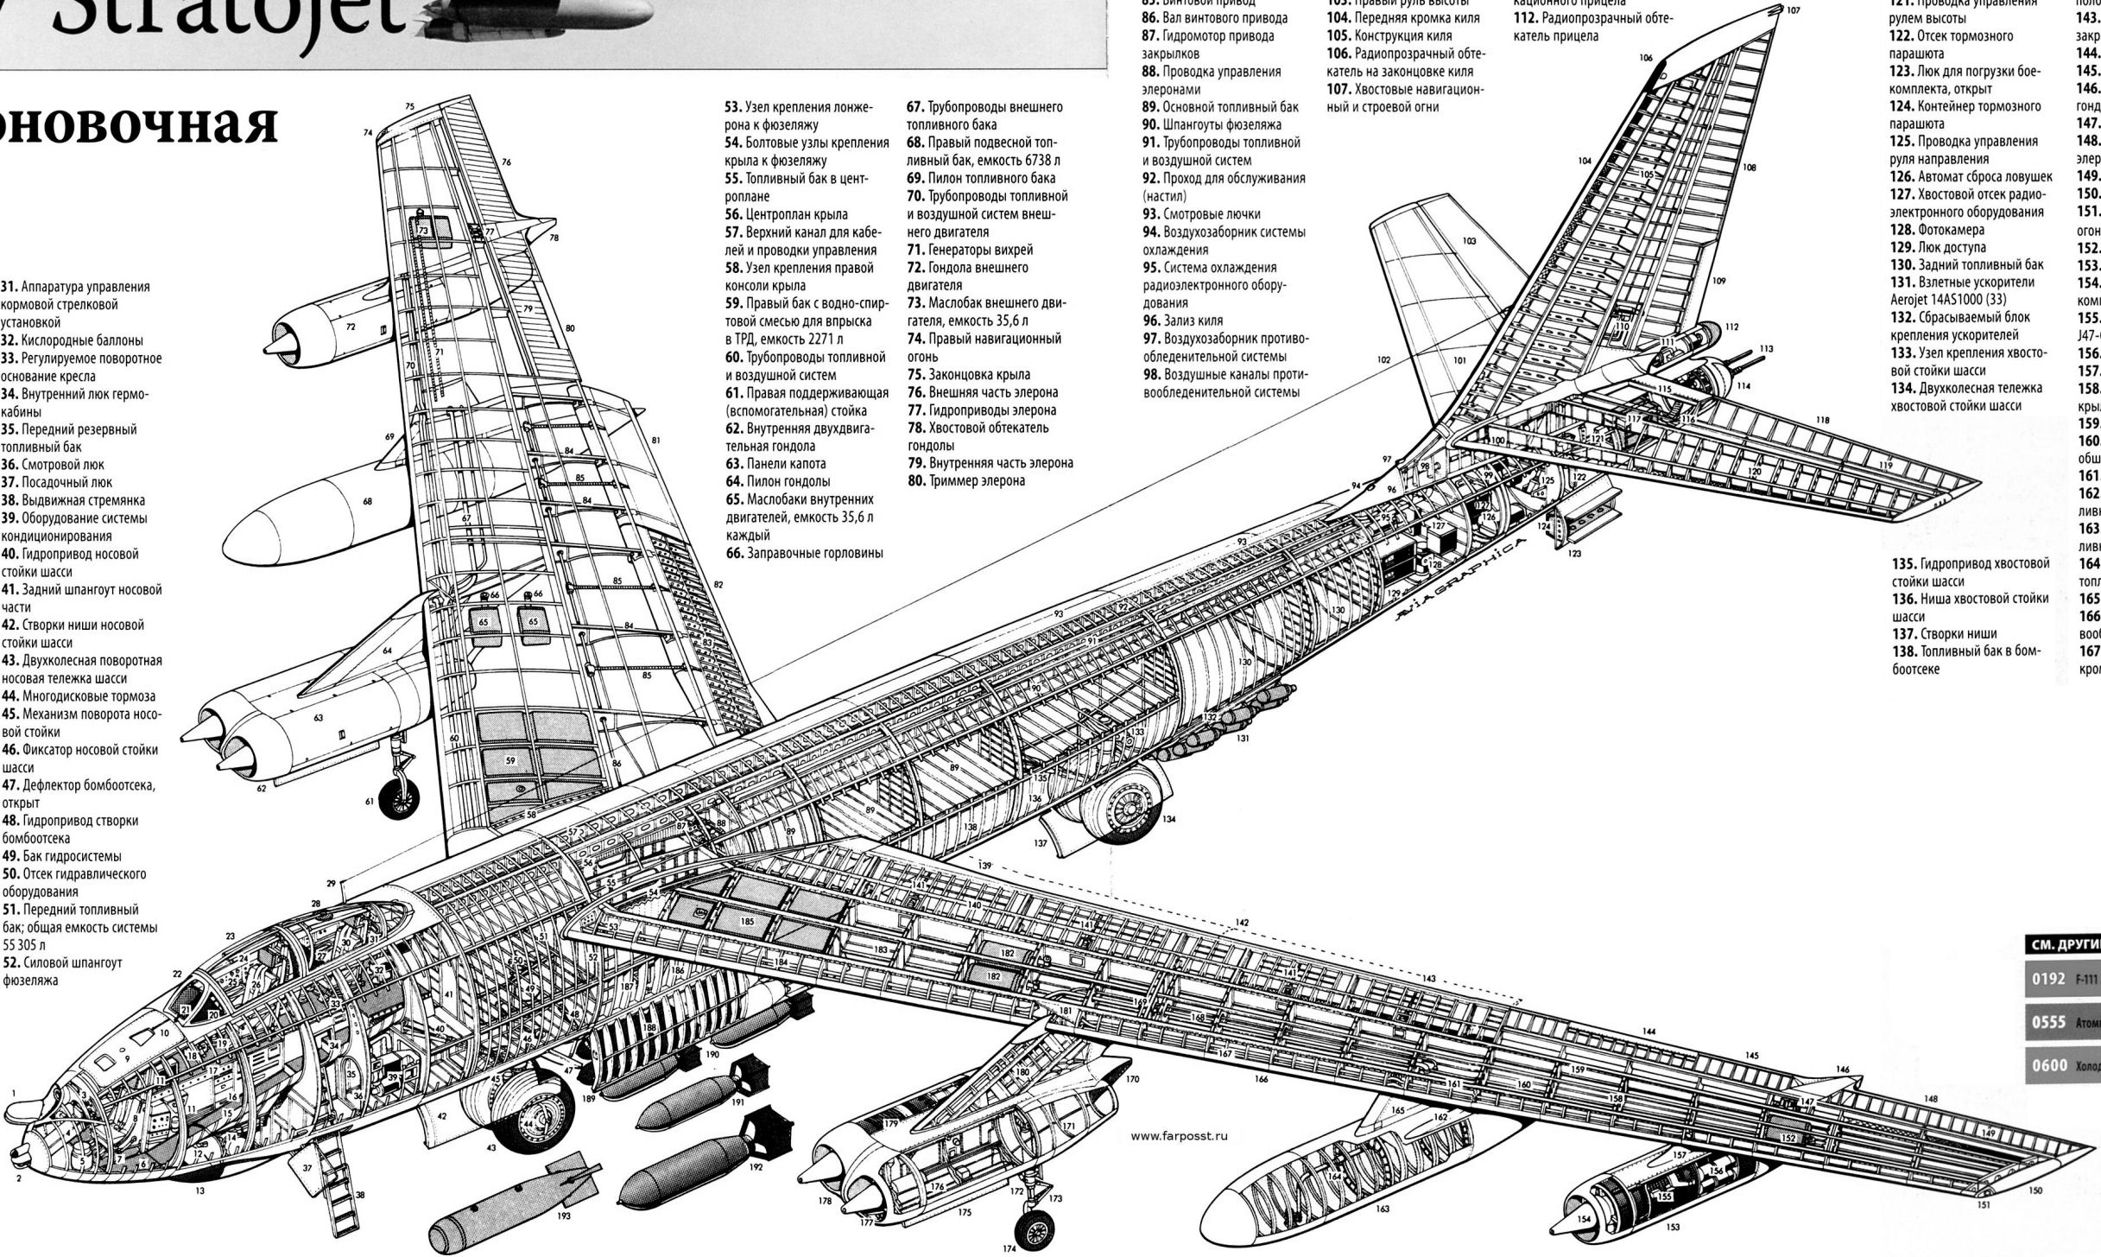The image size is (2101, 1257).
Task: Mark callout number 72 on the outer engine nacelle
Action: coord(351,327)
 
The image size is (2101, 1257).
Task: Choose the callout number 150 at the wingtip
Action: coord(2036,1215)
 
